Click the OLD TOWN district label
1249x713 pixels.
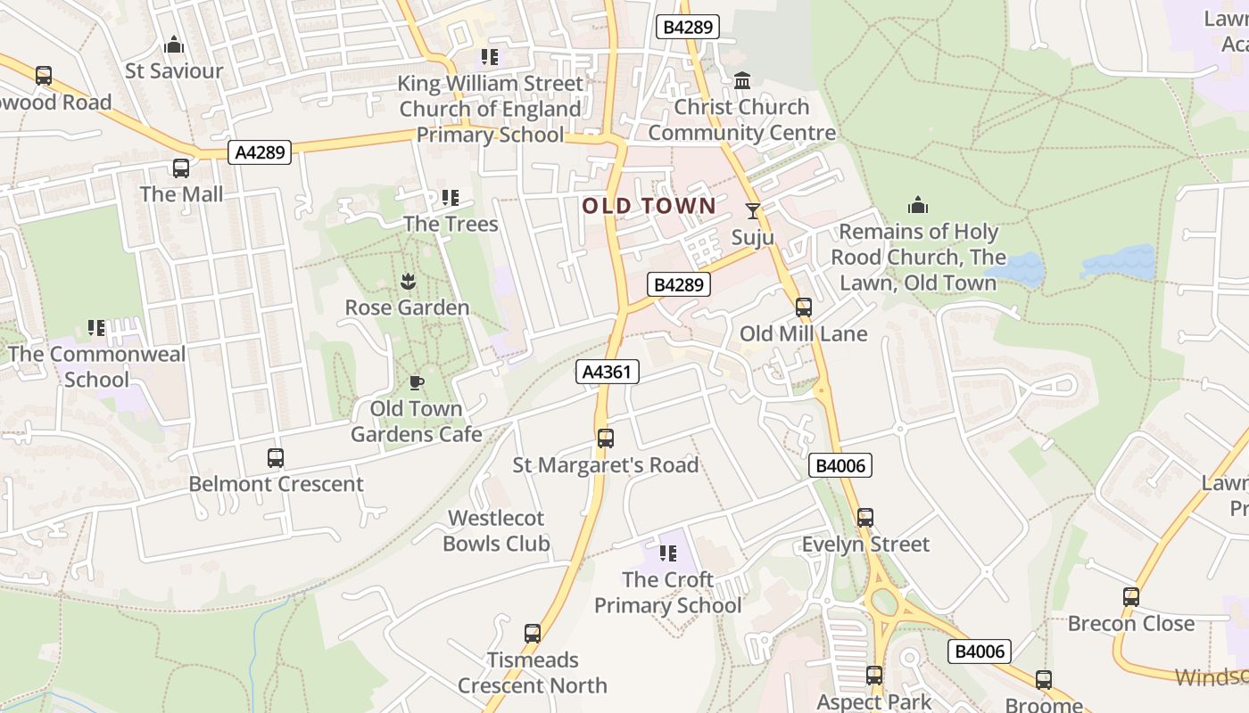[649, 206]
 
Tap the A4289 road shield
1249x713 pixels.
[260, 152]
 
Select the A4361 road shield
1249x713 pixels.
[608, 372]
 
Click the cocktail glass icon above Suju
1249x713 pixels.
[753, 211]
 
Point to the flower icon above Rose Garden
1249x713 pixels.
[408, 283]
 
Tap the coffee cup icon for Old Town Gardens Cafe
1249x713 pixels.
[416, 383]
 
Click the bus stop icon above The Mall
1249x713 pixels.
[181, 168]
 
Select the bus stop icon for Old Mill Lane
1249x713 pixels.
[804, 308]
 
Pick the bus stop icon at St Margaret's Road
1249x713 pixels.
[606, 438]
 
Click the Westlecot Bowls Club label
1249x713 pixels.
[496, 530]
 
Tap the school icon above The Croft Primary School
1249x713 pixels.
[667, 553]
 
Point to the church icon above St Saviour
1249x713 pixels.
[174, 45]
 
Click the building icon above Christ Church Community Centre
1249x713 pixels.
[742, 82]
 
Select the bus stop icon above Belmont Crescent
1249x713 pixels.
[276, 458]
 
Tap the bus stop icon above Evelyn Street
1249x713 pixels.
[864, 518]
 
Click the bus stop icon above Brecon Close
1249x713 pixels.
[1131, 597]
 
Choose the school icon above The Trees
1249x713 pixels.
[451, 198]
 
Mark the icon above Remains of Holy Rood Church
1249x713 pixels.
[918, 206]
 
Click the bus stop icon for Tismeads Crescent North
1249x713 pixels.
[533, 634]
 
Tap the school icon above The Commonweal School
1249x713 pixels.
[96, 328]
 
